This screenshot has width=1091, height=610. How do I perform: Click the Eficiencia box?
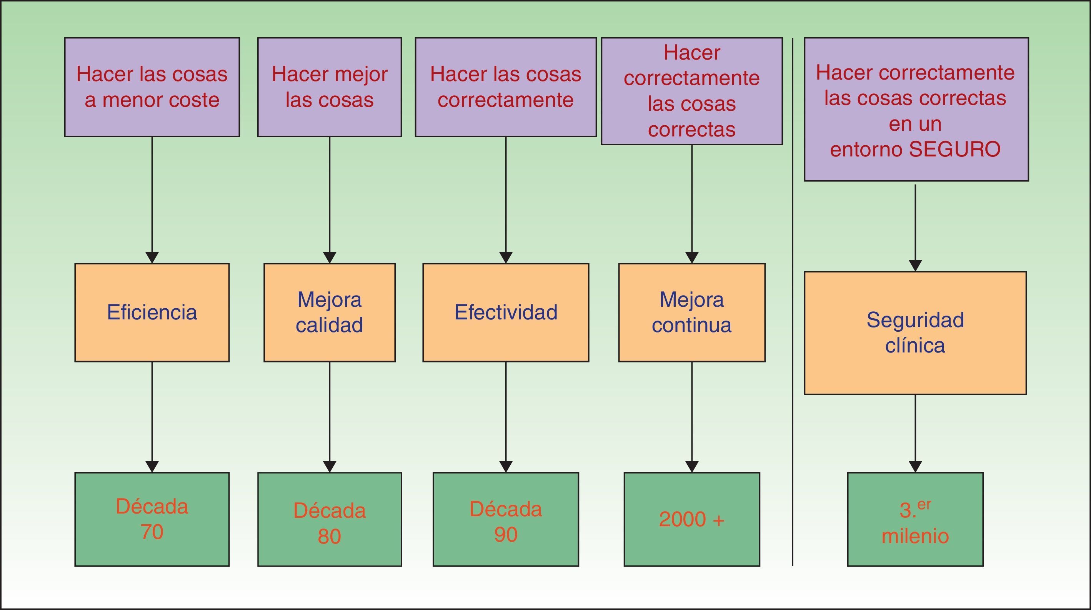pos(152,312)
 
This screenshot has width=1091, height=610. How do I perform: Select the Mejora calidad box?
pos(329,312)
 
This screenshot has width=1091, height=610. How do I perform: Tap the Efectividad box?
pos(506,312)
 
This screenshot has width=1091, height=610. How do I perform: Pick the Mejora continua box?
pos(691,312)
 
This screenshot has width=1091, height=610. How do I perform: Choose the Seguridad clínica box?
pos(915,333)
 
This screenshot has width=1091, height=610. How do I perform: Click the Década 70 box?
pos(152,519)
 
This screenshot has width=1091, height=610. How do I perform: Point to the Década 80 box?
pos(329,519)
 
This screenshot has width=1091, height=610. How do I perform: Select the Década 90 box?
pos(506,519)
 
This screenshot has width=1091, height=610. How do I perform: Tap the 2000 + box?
pos(691,519)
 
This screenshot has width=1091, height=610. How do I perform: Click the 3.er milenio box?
pos(915,519)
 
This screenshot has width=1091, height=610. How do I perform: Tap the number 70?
pos(152,532)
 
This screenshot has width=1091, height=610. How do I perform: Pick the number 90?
pos(506,535)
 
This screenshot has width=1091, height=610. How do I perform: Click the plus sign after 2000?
pos(718,519)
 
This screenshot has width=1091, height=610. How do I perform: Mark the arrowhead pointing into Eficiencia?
pos(152,258)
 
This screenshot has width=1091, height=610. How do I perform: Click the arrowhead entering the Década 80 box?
pos(329,467)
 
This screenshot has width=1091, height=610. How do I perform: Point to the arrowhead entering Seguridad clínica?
pos(915,266)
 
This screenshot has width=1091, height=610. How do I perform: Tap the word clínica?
pos(915,346)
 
